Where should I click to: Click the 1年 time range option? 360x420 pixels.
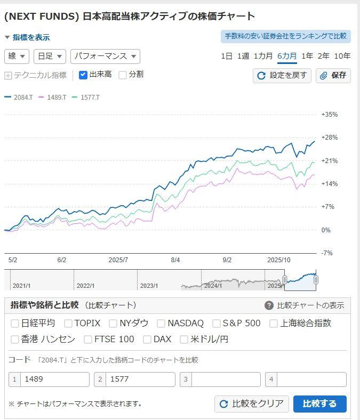tap(307, 56)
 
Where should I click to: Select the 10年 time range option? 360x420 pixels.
tap(342, 56)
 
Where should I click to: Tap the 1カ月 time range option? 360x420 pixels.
tap(263, 56)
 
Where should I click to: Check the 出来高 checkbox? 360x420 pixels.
tap(83, 75)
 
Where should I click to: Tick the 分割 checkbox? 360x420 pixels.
tap(123, 75)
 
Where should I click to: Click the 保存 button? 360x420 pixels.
tap(333, 76)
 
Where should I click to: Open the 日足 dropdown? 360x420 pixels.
tap(50, 56)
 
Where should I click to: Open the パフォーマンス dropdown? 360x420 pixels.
tap(105, 56)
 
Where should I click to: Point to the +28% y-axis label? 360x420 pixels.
tap(329, 138)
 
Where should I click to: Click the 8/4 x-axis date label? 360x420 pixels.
tap(175, 260)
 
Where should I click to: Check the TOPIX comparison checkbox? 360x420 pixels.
tap(68, 323)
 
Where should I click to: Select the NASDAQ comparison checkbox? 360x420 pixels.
tap(161, 323)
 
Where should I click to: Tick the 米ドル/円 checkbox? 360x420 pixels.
tap(184, 339)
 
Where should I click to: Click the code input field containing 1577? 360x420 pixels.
tap(140, 379)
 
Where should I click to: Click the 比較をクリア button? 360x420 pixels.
tap(252, 403)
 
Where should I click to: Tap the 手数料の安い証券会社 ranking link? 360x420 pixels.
tap(285, 36)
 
